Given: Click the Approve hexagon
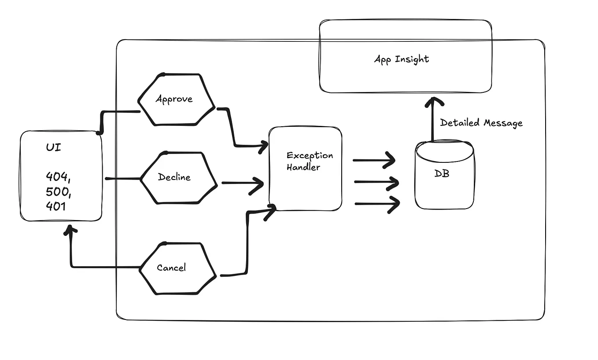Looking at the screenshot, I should [176, 99].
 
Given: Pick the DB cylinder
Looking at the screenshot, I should [444, 176].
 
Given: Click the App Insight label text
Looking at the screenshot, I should [401, 59].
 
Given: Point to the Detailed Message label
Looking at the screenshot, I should [481, 123].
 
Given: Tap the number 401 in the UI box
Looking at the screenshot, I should [56, 206].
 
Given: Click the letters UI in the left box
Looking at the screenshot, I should [53, 147].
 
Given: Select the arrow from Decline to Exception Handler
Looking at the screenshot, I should [242, 183].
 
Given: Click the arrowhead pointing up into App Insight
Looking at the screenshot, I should [434, 103].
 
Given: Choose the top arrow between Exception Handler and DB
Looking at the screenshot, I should [374, 160].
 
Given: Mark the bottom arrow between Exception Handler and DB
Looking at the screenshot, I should [377, 204].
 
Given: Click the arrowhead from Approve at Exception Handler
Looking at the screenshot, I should [263, 146].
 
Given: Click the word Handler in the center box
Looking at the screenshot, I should [303, 167].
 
